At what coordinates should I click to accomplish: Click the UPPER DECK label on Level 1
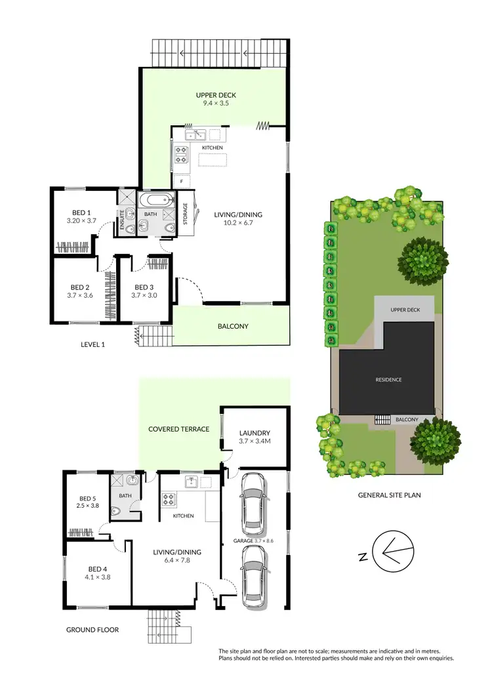(216, 95)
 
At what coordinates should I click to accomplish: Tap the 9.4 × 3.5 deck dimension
(216, 104)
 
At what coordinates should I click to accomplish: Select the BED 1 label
(81, 213)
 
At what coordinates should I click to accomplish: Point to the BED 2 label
(80, 287)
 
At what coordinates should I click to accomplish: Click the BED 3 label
(144, 287)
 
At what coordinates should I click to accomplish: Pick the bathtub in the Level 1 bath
(156, 199)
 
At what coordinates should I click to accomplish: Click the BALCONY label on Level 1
(233, 326)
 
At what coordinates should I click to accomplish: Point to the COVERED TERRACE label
(178, 429)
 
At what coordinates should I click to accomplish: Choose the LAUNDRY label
(255, 433)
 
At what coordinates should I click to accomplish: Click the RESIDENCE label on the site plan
(389, 380)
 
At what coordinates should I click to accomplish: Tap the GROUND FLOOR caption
(92, 630)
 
